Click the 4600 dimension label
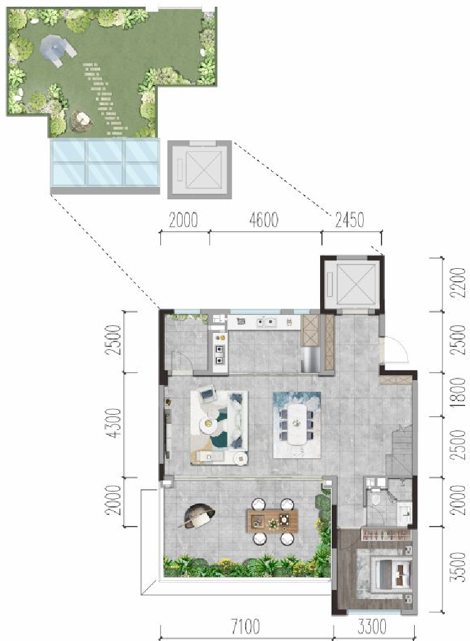pyautogui.click(x=264, y=220)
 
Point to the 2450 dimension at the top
pyautogui.click(x=350, y=220)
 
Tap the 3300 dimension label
pyautogui.click(x=372, y=627)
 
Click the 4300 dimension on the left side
pyautogui.click(x=116, y=423)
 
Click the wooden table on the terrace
pyautogui.click(x=272, y=520)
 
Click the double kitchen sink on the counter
pyautogui.click(x=266, y=323)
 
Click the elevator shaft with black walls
pyautogui.click(x=352, y=282)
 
